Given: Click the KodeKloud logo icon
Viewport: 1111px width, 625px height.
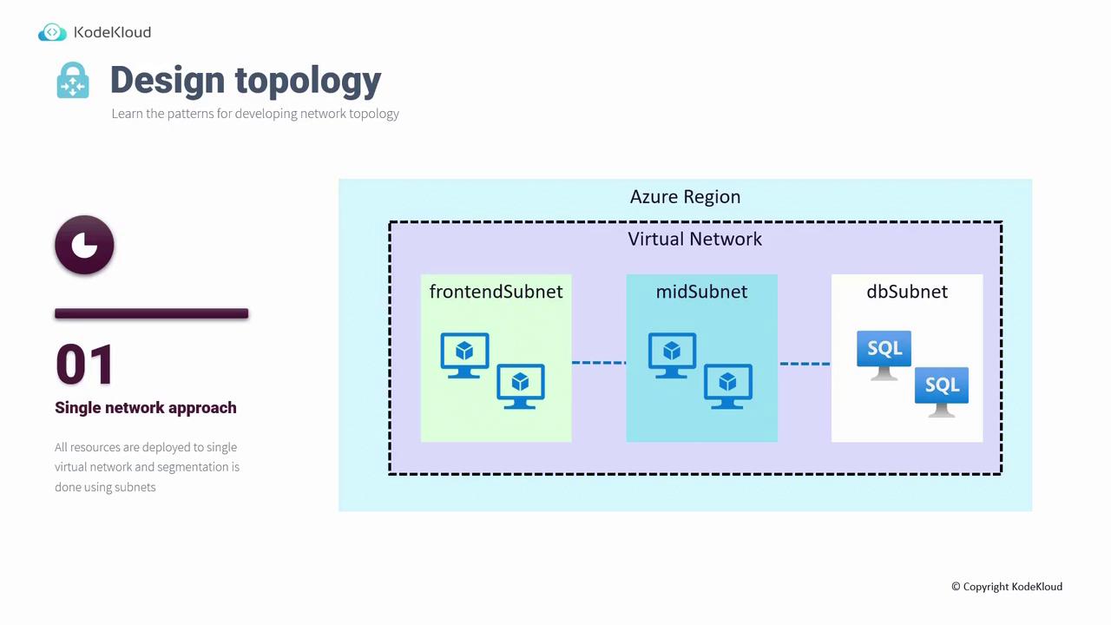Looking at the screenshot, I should tap(52, 32).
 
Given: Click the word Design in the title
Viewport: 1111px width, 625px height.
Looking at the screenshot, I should tap(166, 80).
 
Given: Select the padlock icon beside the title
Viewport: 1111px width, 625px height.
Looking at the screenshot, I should tap(73, 80).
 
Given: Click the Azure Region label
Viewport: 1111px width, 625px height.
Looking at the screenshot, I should tap(685, 196).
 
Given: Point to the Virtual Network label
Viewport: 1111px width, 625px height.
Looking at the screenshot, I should tap(694, 239).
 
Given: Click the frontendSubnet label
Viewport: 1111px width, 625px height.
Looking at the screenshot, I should tap(496, 292).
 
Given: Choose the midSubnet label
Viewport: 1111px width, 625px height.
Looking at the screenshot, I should tap(701, 292).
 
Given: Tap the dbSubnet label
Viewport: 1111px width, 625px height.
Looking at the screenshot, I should tap(906, 292).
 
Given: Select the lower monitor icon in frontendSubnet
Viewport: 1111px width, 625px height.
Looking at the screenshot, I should tap(520, 385).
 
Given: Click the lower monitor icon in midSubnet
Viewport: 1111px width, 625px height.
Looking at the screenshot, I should tap(727, 385).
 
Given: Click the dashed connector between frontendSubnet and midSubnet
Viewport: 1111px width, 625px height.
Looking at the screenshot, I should tap(599, 362).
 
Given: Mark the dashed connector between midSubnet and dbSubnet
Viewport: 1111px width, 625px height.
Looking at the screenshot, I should tap(805, 363).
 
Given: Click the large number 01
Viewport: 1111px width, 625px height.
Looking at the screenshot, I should tap(84, 365).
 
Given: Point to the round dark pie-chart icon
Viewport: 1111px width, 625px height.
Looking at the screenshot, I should tap(84, 245).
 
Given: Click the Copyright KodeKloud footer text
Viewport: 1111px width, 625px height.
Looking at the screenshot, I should tap(1006, 587).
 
